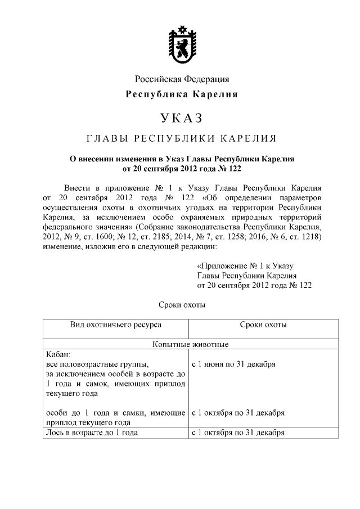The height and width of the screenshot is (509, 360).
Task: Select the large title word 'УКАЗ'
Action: (181, 118)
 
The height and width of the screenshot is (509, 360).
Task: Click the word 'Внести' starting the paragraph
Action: (79, 187)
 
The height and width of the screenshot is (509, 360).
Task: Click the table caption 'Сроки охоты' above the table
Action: (180, 305)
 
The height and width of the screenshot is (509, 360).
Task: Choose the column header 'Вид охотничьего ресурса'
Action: (116, 325)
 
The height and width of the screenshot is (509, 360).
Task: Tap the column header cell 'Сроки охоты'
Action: (263, 325)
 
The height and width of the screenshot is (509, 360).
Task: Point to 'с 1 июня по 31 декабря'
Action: (233, 364)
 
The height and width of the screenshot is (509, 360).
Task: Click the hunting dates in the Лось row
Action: (238, 433)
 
